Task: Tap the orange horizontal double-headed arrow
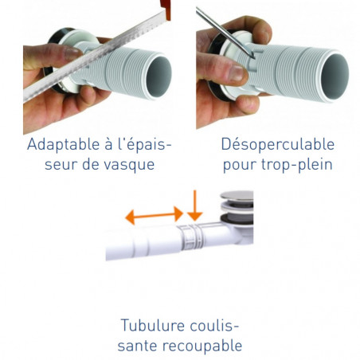(x=154, y=214)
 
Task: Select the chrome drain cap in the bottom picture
(x=237, y=197)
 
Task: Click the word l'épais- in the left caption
(x=140, y=145)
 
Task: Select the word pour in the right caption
(x=238, y=165)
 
